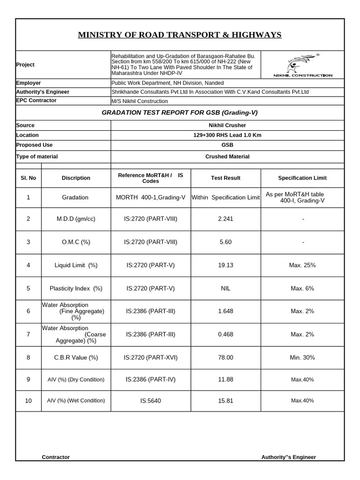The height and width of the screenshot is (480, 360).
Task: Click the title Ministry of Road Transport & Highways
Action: pos(180,35)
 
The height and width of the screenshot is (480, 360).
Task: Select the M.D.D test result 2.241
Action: pos(225,219)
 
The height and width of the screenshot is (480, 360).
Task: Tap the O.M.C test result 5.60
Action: pos(225,242)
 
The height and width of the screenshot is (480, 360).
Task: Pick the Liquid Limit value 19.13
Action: pos(225,265)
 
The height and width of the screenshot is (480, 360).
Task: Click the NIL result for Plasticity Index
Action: pos(225,288)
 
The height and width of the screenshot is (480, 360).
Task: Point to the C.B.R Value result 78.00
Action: pos(225,358)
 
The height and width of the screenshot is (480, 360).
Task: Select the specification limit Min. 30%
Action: pos(302,358)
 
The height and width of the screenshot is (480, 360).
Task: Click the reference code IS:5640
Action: pos(150,401)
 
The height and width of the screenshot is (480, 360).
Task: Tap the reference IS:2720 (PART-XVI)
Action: pos(150,358)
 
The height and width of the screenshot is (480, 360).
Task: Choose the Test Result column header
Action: pos(225,178)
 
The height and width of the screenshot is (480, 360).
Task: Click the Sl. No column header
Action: pos(29,178)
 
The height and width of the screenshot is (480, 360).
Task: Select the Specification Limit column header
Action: pos(302,178)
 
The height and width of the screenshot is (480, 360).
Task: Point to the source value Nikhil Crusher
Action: pos(227,126)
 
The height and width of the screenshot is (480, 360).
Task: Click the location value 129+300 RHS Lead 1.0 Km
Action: pos(227,135)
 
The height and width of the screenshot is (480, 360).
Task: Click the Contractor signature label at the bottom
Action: pos(56,457)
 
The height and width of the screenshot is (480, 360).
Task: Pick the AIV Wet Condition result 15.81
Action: pos(225,401)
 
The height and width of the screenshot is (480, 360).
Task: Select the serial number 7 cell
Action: pos(29,335)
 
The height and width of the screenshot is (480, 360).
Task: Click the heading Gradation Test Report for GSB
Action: pos(180,113)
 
